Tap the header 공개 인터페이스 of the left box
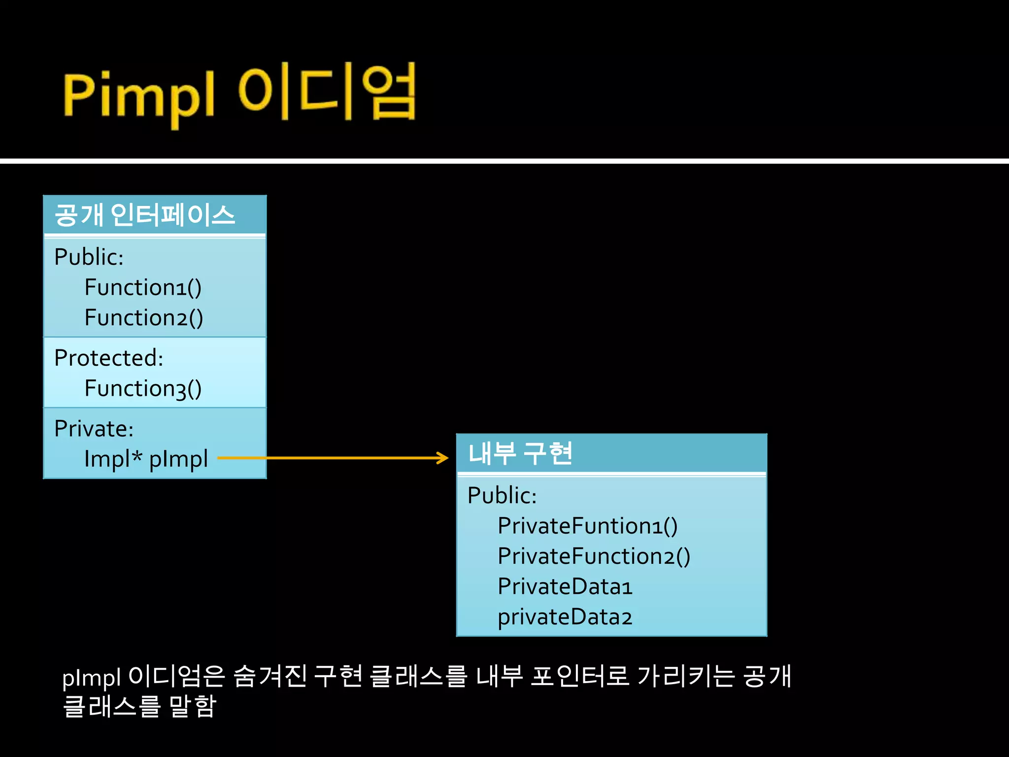145,215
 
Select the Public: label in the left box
89,257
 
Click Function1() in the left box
143,288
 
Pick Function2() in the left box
143,318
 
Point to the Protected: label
108,358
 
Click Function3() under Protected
143,389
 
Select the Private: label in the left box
94,429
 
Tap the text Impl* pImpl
146,459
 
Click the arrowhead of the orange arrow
443,458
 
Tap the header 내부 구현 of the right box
520,453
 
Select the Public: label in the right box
502,495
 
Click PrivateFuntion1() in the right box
587,526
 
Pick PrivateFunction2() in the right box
594,556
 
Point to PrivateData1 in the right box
565,587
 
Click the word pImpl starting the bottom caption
91,677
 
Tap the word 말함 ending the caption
192,706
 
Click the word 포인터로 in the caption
579,676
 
